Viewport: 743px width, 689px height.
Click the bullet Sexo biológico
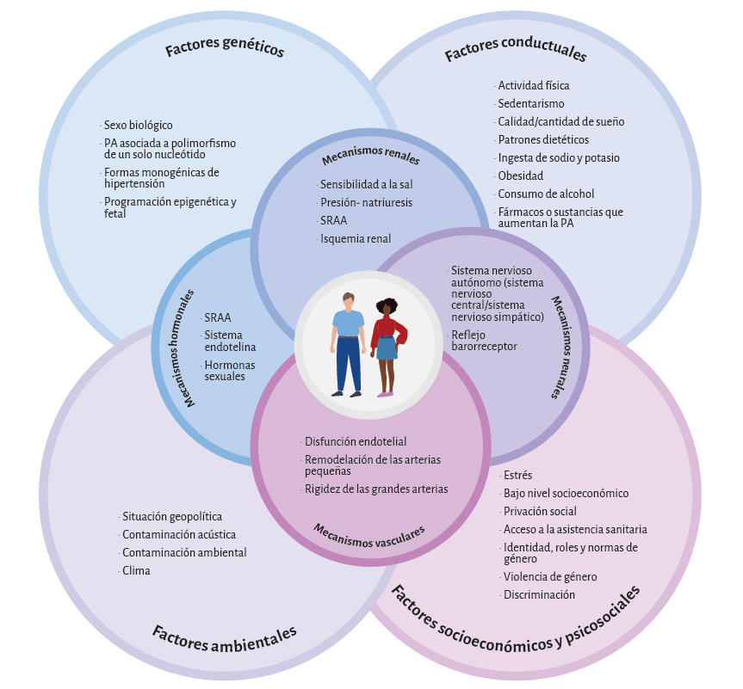(x=138, y=125)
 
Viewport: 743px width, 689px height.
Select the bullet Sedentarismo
(x=530, y=104)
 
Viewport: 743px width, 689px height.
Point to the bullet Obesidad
(x=520, y=176)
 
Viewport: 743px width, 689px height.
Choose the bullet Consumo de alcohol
(x=545, y=194)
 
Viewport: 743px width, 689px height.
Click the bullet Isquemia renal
(x=355, y=238)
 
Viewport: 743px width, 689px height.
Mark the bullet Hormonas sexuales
(x=223, y=371)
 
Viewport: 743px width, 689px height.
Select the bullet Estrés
(x=517, y=476)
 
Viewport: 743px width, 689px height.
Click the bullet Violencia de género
(x=550, y=577)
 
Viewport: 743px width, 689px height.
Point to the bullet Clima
(x=136, y=570)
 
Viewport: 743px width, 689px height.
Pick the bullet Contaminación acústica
(x=178, y=534)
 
